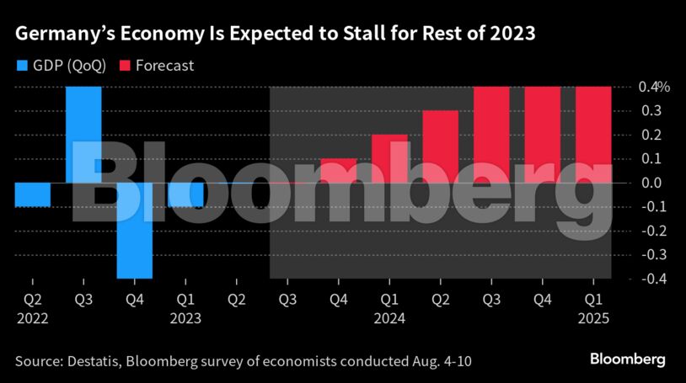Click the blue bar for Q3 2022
(84, 134)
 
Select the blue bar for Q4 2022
(135, 230)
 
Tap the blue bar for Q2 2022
(33, 194)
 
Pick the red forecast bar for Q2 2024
(440, 146)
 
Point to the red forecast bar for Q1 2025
(593, 134)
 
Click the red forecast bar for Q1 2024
(389, 158)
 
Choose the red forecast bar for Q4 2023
(339, 170)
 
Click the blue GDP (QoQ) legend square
(21, 66)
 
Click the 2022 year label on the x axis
(32, 320)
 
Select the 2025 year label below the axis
(593, 320)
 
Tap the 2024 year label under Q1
(390, 320)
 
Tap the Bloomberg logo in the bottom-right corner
(627, 359)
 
